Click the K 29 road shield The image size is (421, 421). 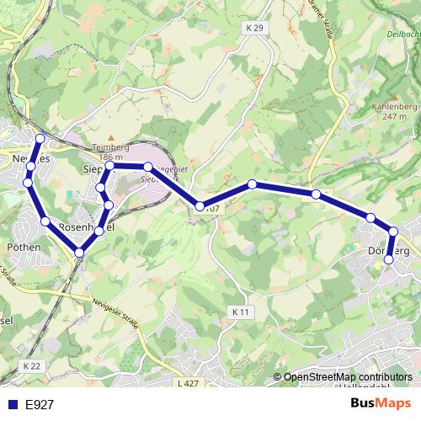[x=255, y=28]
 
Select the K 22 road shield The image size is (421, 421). [x=32, y=365]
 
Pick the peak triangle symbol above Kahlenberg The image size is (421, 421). [x=390, y=95]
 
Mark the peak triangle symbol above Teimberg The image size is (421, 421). [x=109, y=135]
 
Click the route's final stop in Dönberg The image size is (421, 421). [x=389, y=260]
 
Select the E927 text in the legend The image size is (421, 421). [x=40, y=405]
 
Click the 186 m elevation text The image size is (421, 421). [x=109, y=157]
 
